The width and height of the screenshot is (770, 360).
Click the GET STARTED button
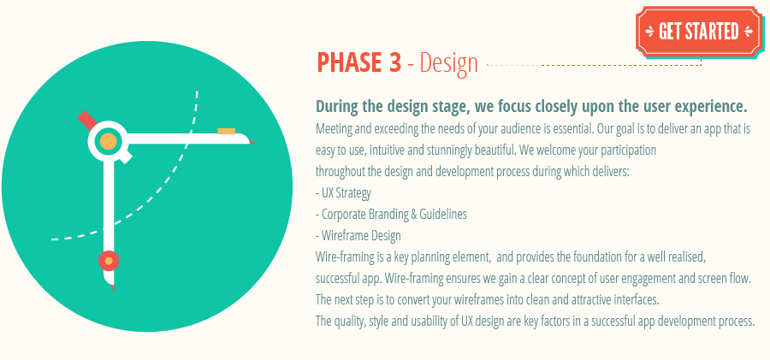click(x=698, y=32)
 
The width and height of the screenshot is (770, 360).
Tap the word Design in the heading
click(x=447, y=63)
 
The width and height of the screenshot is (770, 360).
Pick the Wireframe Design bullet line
click(x=359, y=236)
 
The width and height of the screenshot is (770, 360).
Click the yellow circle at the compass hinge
click(x=109, y=141)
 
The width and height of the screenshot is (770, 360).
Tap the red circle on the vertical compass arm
click(x=109, y=260)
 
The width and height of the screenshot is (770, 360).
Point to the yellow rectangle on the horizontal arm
click(x=226, y=131)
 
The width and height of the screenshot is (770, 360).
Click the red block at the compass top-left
click(x=86, y=118)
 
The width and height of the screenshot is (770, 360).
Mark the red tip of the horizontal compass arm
click(x=252, y=141)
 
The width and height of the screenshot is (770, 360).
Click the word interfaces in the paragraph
click(x=631, y=300)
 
